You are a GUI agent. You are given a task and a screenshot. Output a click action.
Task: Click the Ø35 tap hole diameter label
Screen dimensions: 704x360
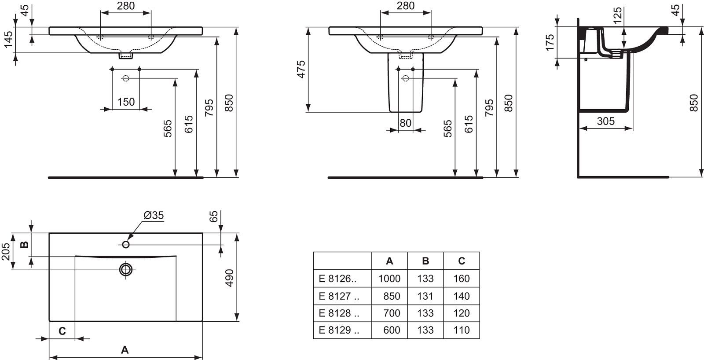click(x=154, y=215)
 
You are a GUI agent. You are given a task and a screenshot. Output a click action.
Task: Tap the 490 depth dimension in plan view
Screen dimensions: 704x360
click(x=230, y=278)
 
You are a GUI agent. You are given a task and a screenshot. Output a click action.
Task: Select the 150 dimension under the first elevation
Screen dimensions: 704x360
click(x=126, y=102)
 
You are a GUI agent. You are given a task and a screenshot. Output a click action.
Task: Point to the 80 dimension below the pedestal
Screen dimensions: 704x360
click(x=405, y=123)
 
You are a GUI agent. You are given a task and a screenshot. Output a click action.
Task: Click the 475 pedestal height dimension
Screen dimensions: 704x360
click(x=301, y=69)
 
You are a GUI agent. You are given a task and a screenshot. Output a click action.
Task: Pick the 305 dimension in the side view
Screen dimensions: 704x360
click(x=605, y=121)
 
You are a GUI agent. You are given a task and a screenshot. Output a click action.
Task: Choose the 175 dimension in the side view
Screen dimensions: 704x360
click(x=550, y=42)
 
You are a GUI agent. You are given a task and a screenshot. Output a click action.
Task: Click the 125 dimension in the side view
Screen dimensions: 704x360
click(x=618, y=15)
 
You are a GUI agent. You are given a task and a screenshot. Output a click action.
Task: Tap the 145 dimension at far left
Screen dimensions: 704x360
click(x=9, y=39)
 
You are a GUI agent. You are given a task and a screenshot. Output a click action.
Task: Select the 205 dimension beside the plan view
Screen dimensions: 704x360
click(x=5, y=252)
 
